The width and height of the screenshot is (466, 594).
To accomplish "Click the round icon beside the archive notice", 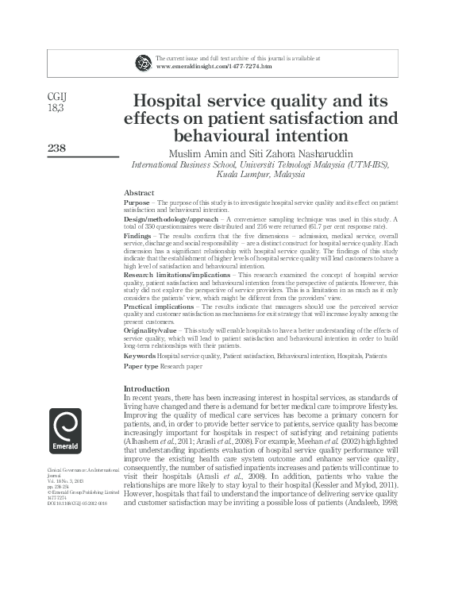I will [144, 62].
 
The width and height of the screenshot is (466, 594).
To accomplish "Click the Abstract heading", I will [139, 193].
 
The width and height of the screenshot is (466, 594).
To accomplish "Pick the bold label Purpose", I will [137, 202].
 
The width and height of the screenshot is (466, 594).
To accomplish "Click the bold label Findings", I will [139, 237].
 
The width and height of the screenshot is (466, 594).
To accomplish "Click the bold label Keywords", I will [140, 357].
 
